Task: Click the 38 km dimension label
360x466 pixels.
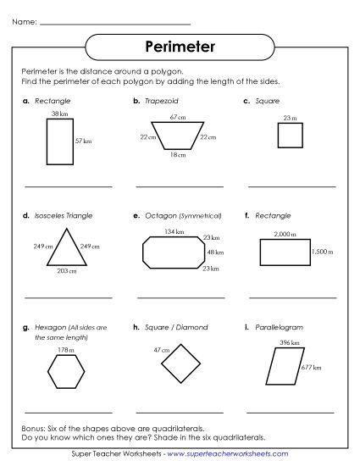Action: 59,114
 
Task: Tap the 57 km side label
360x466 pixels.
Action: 83,141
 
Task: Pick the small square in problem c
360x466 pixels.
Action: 289,136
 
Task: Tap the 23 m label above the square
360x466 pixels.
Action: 290,118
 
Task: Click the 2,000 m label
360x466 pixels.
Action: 285,233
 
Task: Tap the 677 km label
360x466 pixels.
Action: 312,369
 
